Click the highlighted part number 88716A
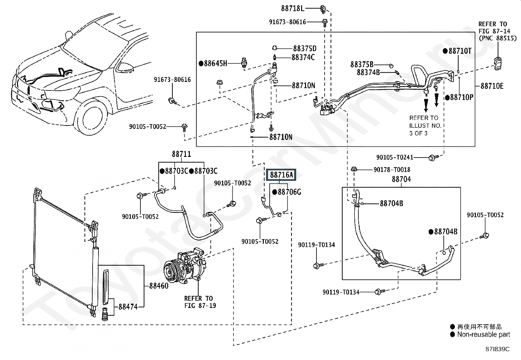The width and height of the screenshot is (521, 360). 281,175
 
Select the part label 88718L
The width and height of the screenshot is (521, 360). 293,9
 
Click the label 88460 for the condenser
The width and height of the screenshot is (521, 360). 159,286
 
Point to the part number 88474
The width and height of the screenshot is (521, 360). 128,307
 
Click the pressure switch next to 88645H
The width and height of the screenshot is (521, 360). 244,63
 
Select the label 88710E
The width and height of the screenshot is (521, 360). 492,86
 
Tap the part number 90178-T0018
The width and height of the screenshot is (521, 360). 392,170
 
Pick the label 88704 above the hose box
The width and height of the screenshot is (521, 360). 401,179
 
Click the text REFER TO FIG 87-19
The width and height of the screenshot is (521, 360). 200,302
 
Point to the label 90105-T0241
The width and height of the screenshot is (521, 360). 395,158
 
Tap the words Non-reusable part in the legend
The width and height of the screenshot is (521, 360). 483,334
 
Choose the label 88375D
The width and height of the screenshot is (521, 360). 305,48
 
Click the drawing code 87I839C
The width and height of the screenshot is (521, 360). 497,349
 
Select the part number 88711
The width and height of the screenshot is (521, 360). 181,154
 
